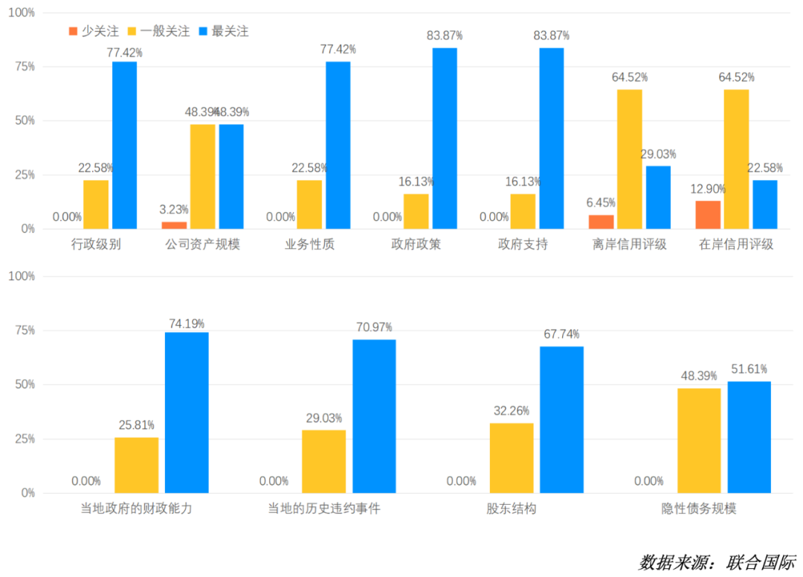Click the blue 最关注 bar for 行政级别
click(x=124, y=145)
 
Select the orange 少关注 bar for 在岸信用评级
click(x=708, y=215)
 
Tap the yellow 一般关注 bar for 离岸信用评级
click(x=629, y=159)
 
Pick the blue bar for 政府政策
click(x=445, y=138)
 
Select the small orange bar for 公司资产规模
click(x=174, y=225)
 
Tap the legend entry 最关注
click(x=223, y=31)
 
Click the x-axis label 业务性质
click(x=309, y=245)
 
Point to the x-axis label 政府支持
click(x=523, y=245)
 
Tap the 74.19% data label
click(x=186, y=323)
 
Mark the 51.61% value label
click(x=748, y=369)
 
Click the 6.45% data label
click(x=601, y=202)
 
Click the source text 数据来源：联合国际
click(x=717, y=561)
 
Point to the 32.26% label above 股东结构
click(x=511, y=410)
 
